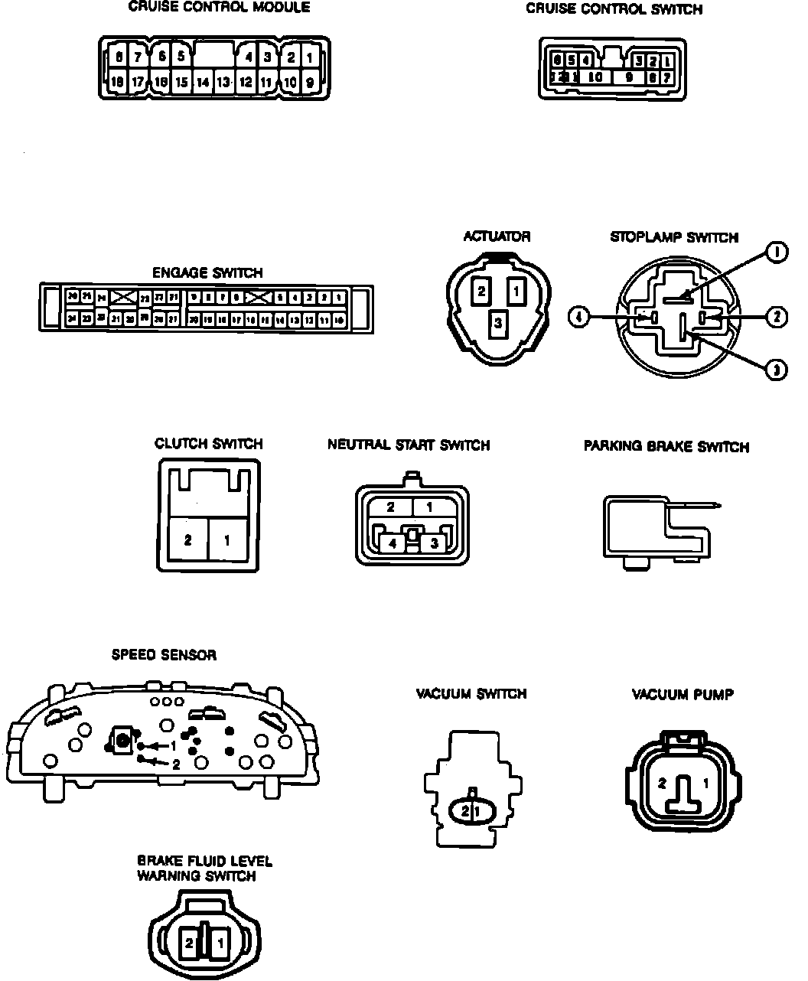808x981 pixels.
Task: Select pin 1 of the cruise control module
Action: click(x=310, y=57)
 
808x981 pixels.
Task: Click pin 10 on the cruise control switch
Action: click(x=596, y=77)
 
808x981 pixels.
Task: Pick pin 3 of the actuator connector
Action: click(x=497, y=324)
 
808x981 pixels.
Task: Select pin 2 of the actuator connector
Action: click(x=481, y=291)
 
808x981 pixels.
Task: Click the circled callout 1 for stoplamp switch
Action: click(x=777, y=252)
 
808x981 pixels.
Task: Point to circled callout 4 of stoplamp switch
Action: click(x=579, y=316)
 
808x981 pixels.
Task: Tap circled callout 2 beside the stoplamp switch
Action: click(x=777, y=316)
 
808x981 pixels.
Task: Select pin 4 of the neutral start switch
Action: click(x=393, y=543)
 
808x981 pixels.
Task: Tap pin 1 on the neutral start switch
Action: click(x=430, y=507)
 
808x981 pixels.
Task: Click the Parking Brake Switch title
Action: click(x=666, y=446)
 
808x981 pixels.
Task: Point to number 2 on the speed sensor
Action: click(x=176, y=764)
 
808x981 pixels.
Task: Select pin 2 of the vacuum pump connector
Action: click(x=663, y=784)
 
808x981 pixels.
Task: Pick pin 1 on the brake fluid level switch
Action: click(x=220, y=944)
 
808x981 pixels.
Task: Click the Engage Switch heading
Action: click(x=207, y=272)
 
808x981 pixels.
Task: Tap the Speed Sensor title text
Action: click(x=164, y=655)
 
